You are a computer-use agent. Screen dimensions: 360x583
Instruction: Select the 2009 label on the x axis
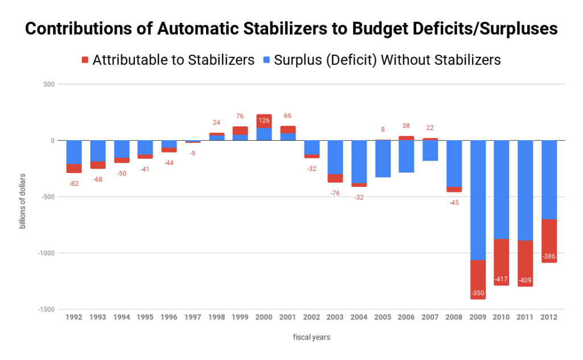(x=478, y=317)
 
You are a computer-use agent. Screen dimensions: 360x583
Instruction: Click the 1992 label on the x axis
(x=74, y=317)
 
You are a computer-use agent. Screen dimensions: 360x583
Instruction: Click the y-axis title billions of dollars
(x=23, y=197)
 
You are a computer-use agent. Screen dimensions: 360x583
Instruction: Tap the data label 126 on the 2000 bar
(x=264, y=120)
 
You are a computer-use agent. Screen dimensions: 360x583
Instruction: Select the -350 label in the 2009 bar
(x=478, y=293)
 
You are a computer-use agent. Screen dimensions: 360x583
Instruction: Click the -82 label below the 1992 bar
(x=74, y=183)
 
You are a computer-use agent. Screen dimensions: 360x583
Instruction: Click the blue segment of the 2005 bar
(x=383, y=159)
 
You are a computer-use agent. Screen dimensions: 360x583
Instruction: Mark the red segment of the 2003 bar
(x=335, y=178)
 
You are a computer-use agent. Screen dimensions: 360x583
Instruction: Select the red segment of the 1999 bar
(x=240, y=130)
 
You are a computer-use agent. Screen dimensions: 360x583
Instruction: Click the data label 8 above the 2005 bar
(x=383, y=129)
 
